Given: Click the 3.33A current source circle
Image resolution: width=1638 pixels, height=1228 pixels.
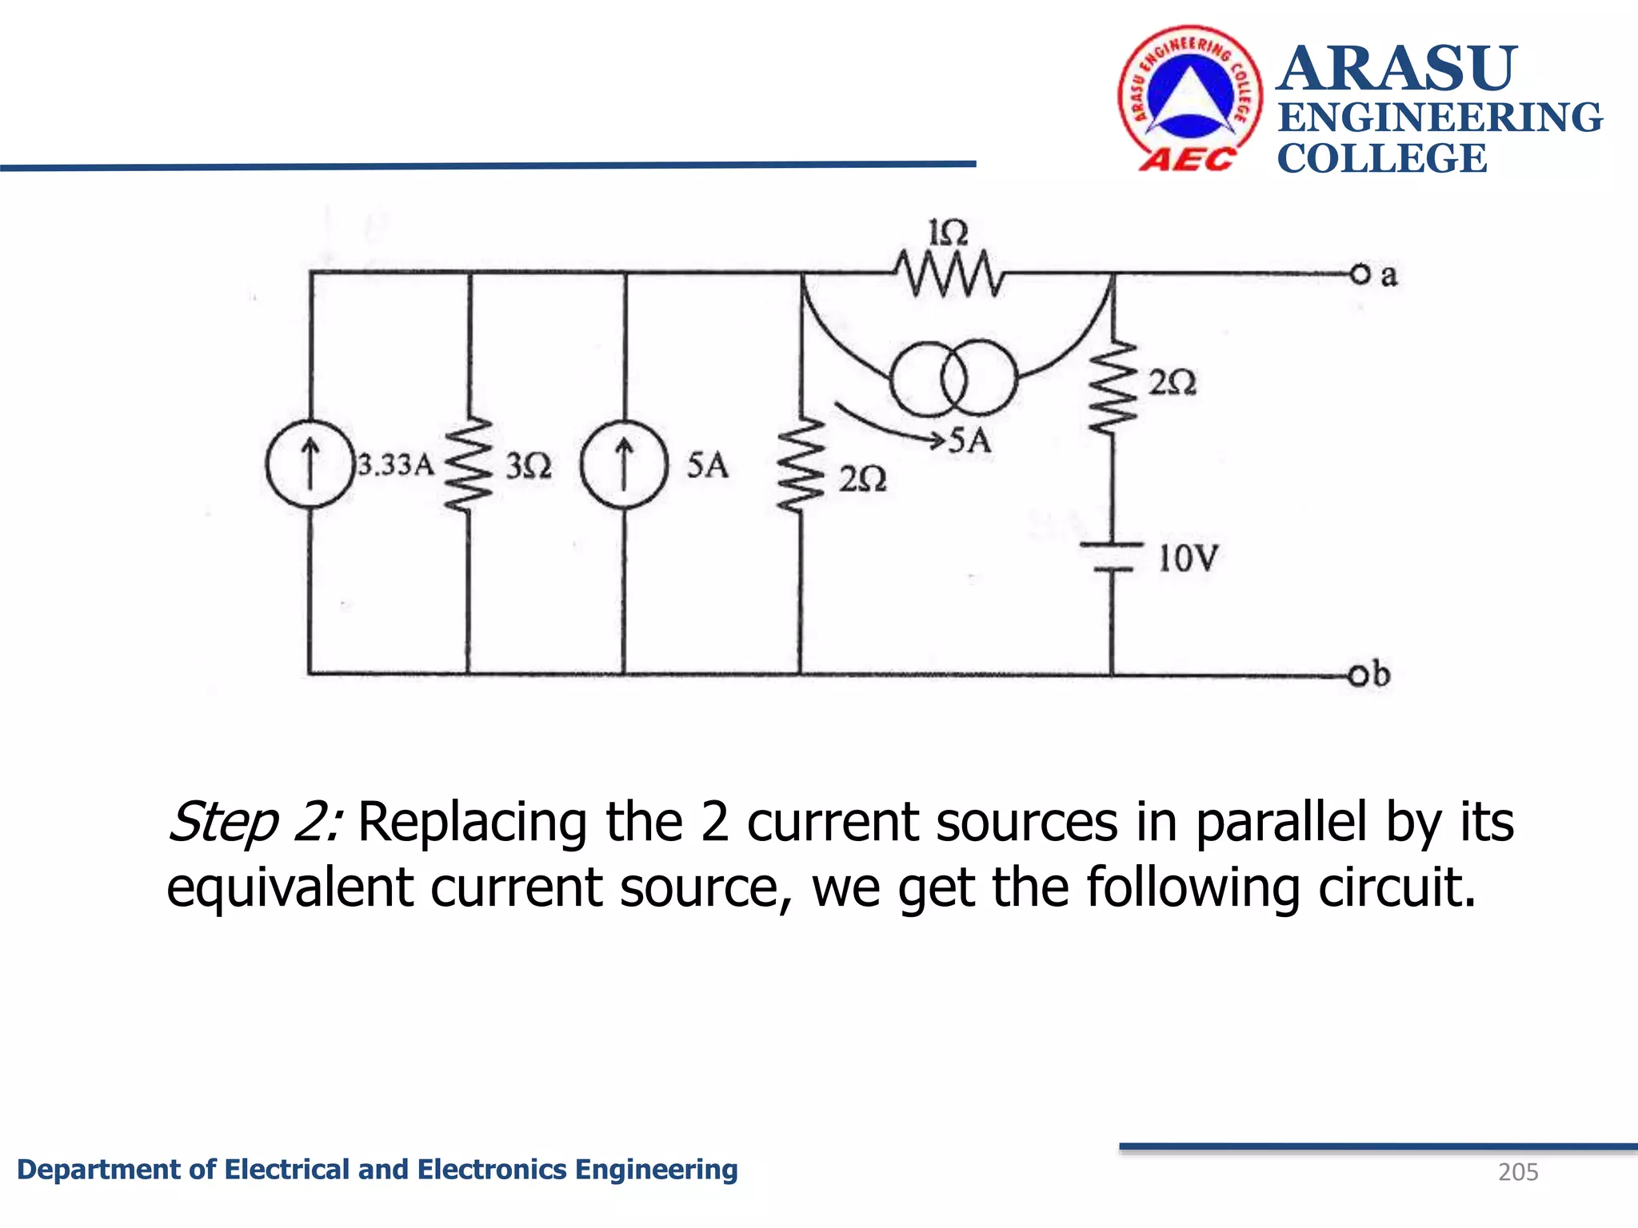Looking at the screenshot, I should point(310,464).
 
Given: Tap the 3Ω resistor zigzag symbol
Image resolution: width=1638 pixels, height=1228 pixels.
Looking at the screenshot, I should point(468,464).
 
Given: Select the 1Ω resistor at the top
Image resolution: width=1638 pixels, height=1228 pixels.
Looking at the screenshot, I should point(949,274).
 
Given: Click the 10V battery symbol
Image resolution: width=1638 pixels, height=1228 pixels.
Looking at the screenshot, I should point(1112,557).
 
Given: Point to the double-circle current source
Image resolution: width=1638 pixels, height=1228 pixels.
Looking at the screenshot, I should point(954,378).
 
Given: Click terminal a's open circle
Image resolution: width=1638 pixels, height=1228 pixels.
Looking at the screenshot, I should point(1360,274).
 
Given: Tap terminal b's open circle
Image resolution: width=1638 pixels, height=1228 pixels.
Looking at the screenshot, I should point(1358,676).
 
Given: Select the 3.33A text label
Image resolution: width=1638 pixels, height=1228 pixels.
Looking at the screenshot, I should point(396,464).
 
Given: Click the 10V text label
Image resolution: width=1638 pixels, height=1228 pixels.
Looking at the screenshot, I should point(1189,558).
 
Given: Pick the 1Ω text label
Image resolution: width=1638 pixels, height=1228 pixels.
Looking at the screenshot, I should point(949,233).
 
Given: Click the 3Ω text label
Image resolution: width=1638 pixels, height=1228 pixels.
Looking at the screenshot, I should point(529,465).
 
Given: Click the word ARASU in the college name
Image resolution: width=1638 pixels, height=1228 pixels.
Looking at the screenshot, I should point(1396,69).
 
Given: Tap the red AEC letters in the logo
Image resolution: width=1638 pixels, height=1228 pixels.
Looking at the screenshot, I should point(1188,160).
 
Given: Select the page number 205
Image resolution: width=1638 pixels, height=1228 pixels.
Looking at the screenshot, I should point(1518,1172).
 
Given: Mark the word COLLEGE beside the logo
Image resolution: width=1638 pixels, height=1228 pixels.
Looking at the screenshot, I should point(1382,158).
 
